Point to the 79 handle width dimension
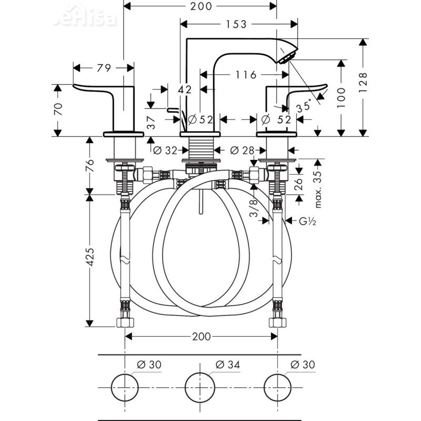[x=104, y=68]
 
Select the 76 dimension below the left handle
[x=91, y=165]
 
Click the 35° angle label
[x=304, y=105]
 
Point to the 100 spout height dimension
[x=342, y=97]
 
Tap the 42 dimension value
[x=184, y=89]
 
